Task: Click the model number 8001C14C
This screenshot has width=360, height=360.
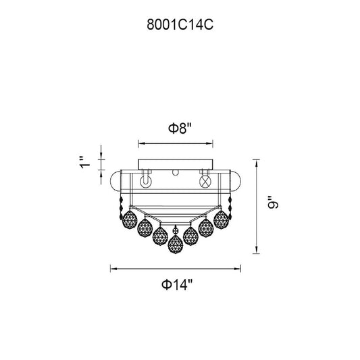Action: coord(180,24)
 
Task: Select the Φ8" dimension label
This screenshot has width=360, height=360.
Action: coord(180,128)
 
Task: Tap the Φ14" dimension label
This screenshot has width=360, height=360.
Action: coord(176,285)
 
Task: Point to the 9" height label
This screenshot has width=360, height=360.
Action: coord(273,202)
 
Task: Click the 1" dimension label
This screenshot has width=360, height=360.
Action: coord(85,163)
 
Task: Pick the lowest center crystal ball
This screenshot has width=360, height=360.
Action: coord(176,244)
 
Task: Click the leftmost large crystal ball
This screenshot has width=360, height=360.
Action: coord(130,220)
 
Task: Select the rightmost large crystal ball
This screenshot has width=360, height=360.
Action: coord(221,220)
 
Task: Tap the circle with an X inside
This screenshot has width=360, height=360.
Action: coord(205,182)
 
